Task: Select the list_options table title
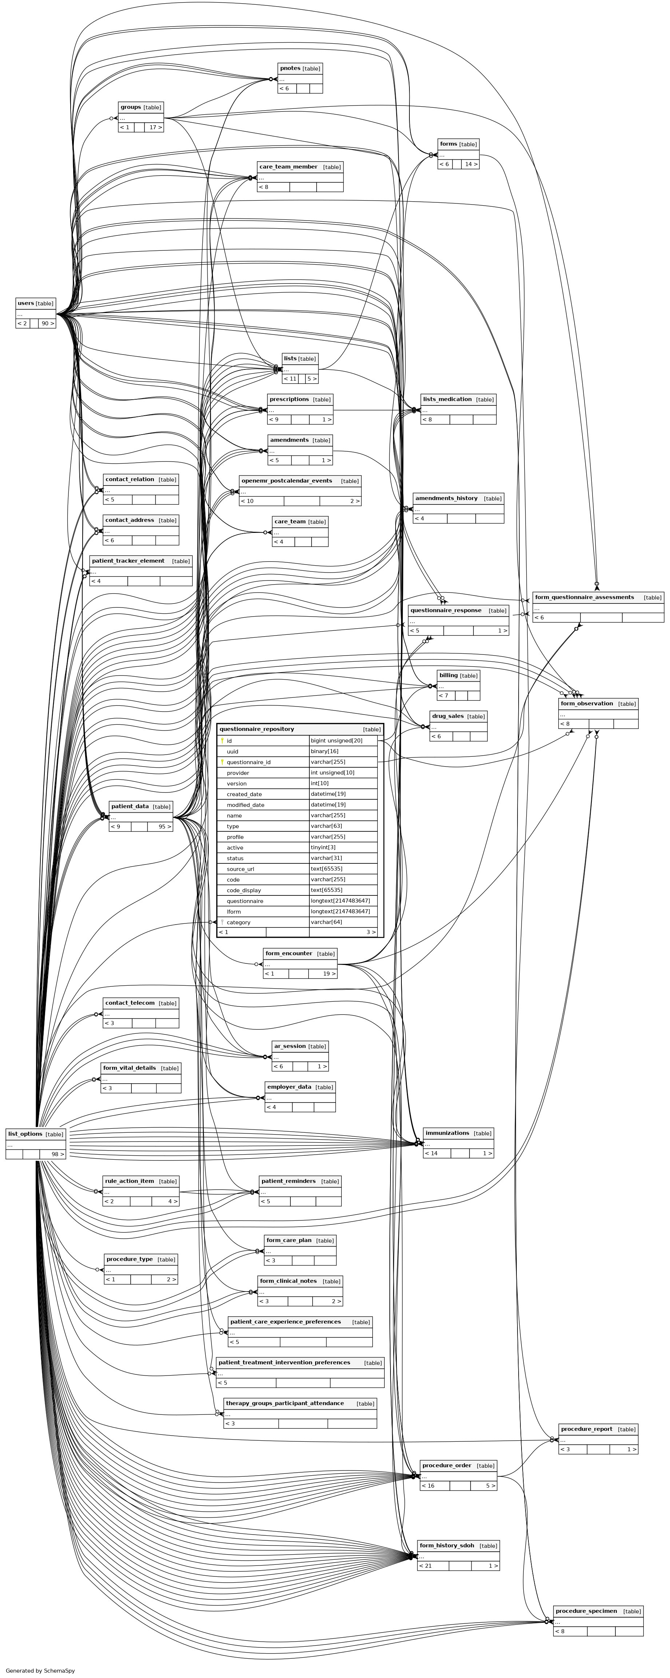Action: pos(25,1134)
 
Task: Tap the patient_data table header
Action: pos(130,807)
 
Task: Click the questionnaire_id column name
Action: pos(248,762)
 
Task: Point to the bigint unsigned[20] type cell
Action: pos(336,741)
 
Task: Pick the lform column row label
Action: pos(234,912)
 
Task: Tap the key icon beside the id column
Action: pos(222,741)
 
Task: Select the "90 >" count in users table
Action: pos(47,323)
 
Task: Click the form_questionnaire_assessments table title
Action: pos(584,597)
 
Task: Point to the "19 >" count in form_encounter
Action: pos(329,974)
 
